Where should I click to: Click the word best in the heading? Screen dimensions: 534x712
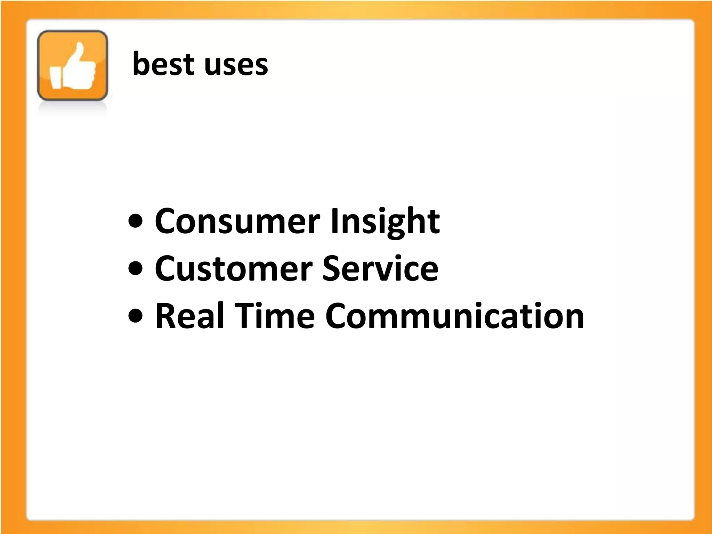(x=163, y=64)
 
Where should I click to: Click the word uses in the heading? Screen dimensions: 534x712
(x=236, y=66)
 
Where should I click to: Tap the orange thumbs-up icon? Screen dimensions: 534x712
(x=73, y=65)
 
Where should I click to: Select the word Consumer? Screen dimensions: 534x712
(x=237, y=221)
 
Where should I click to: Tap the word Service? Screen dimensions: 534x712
(x=380, y=268)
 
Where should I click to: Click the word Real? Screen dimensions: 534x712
(x=189, y=315)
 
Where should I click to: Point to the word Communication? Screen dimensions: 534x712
(x=454, y=315)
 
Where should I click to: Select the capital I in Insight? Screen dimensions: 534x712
(x=334, y=221)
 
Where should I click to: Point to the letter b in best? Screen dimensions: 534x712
(x=140, y=63)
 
